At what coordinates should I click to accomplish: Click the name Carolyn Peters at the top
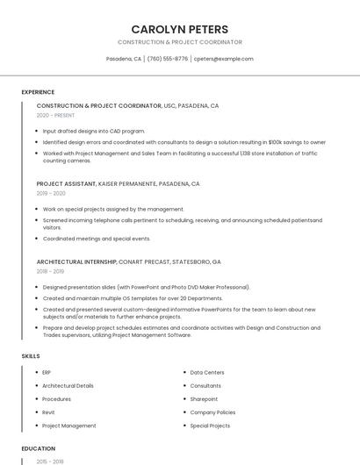pyautogui.click(x=179, y=29)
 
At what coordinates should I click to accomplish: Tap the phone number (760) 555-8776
pyautogui.click(x=167, y=59)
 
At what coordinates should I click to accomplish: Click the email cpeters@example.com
pyautogui.click(x=223, y=59)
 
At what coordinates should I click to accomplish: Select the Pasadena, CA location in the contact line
pyautogui.click(x=123, y=59)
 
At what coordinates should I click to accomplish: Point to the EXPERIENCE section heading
pyautogui.click(x=38, y=91)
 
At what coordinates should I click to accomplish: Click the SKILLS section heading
pyautogui.click(x=31, y=356)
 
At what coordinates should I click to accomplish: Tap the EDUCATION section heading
pyautogui.click(x=39, y=448)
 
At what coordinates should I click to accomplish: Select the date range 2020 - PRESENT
pyautogui.click(x=55, y=115)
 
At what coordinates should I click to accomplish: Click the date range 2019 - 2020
pyautogui.click(x=51, y=193)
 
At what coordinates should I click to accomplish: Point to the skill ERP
pyautogui.click(x=47, y=373)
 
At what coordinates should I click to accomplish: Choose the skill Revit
pyautogui.click(x=47, y=412)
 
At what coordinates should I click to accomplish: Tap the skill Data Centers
pyautogui.click(x=207, y=373)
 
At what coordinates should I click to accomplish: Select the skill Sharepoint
pyautogui.click(x=204, y=399)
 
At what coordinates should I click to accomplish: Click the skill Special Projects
pyautogui.click(x=210, y=426)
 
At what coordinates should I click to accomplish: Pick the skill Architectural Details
pyautogui.click(x=68, y=386)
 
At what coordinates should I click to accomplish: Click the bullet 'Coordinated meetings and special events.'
pyautogui.click(x=97, y=239)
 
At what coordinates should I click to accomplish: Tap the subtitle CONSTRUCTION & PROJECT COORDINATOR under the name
pyautogui.click(x=179, y=42)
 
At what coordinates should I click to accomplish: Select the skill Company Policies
pyautogui.click(x=212, y=412)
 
